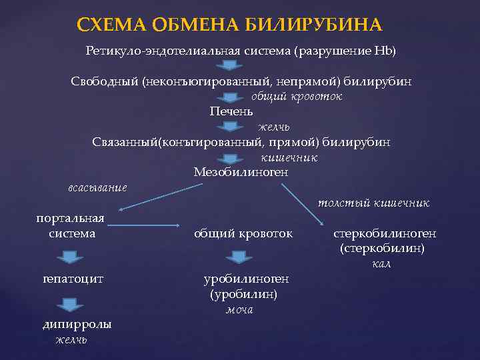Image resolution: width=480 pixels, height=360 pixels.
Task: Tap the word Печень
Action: (231, 111)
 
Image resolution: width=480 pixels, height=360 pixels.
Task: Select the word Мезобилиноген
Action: (241, 173)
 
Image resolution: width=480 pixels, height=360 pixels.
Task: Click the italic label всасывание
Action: (98, 187)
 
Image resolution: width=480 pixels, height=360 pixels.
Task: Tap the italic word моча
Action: (239, 310)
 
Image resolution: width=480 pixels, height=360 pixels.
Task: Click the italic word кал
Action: (381, 265)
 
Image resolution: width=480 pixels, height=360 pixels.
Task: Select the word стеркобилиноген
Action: (385, 234)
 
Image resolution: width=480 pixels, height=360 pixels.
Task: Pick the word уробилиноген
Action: (247, 279)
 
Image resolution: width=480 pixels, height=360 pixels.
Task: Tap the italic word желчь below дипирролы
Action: (71, 340)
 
